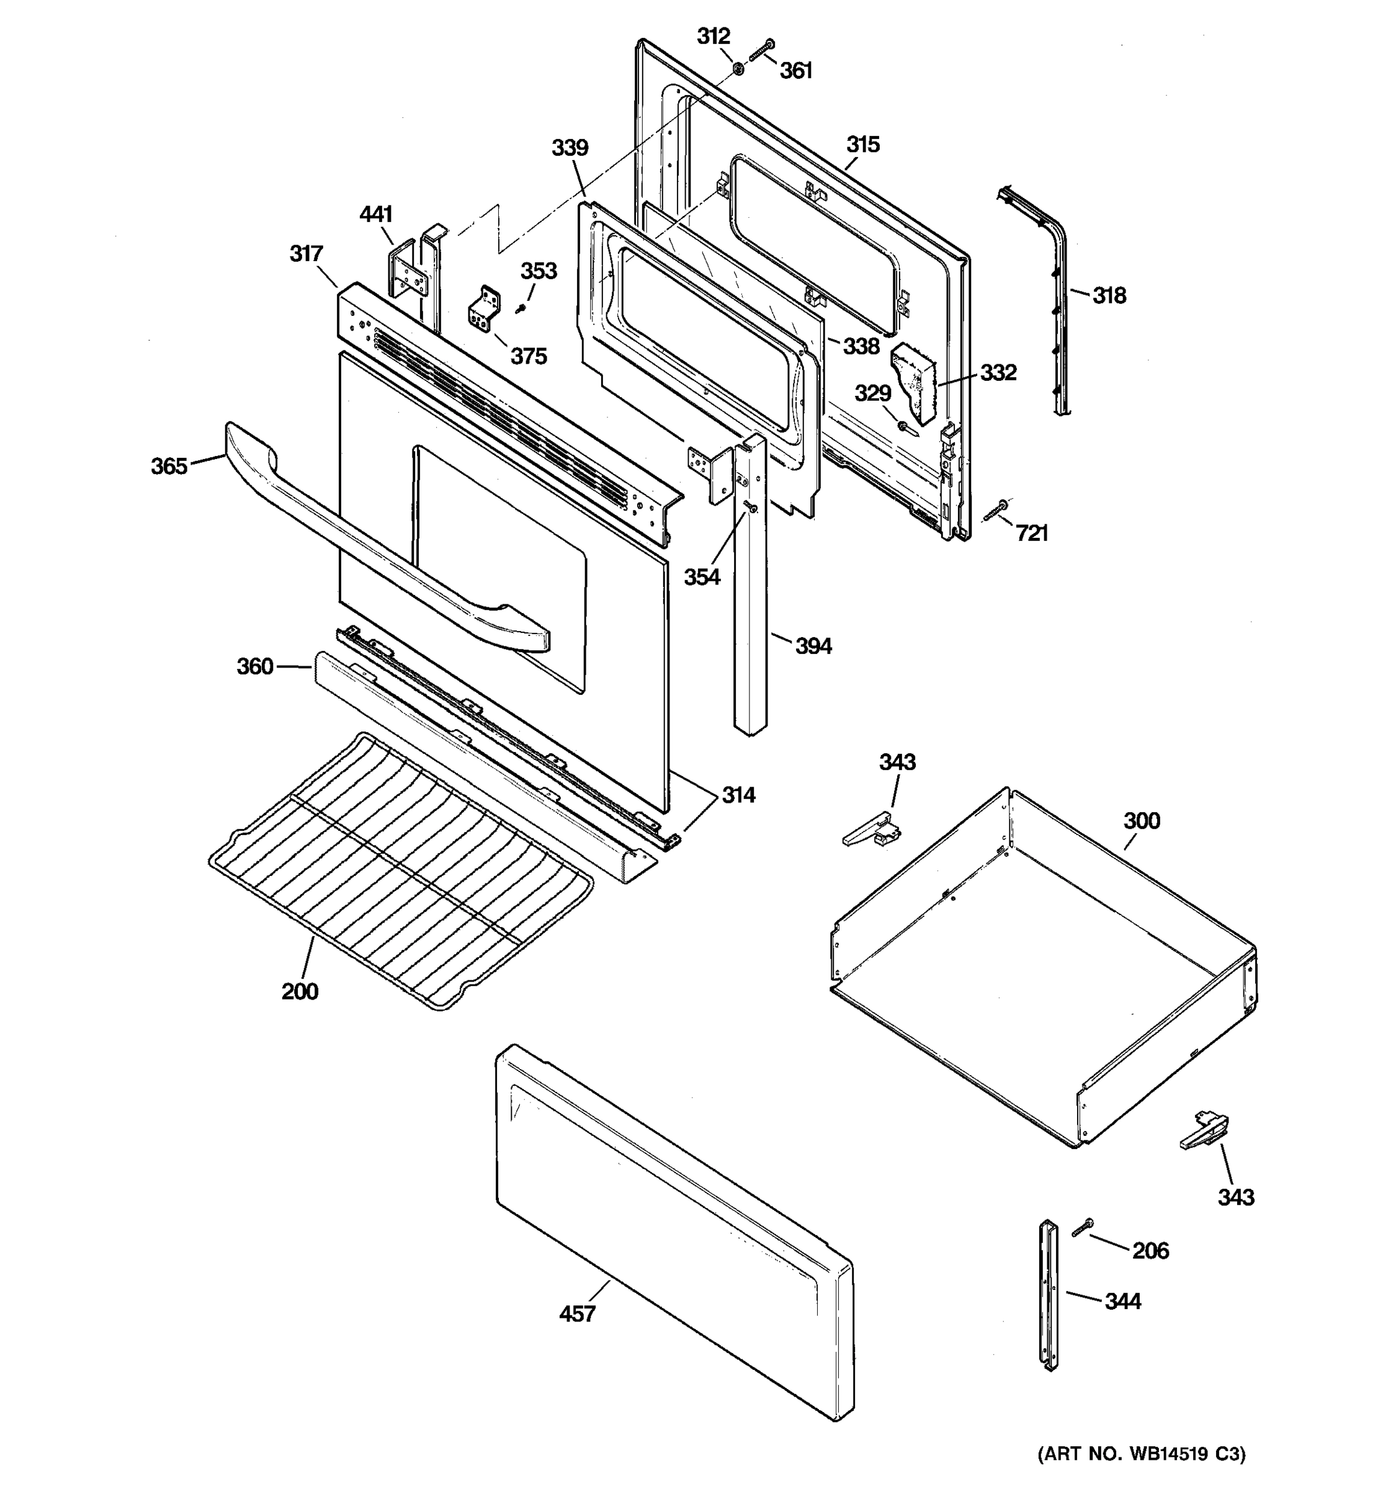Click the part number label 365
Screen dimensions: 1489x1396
(169, 467)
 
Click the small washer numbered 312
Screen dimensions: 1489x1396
(738, 69)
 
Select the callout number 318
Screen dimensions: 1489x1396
(1108, 296)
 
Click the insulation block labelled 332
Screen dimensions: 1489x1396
(915, 382)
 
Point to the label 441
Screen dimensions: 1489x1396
(376, 215)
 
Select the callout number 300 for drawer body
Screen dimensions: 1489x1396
(1142, 821)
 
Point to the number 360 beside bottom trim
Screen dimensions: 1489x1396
(254, 666)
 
